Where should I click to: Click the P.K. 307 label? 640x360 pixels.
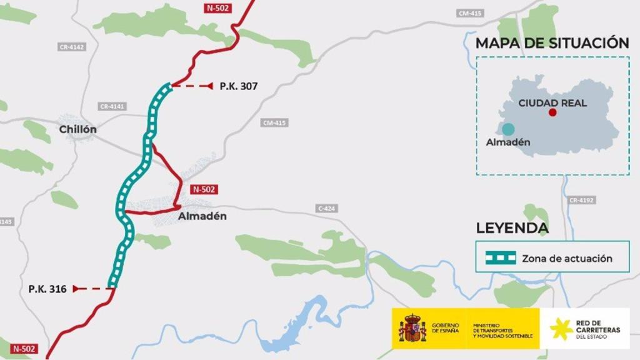(239, 86)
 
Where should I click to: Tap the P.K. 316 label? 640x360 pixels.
(47, 289)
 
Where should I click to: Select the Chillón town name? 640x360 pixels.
(78, 129)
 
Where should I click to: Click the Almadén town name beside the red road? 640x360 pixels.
(202, 216)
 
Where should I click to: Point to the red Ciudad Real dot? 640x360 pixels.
(552, 112)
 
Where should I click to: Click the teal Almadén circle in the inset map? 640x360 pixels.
(508, 129)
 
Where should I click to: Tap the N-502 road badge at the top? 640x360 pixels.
(218, 8)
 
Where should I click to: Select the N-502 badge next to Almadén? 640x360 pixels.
(205, 189)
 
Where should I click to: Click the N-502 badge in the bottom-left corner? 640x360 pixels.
(23, 349)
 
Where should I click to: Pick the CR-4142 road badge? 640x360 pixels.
(72, 47)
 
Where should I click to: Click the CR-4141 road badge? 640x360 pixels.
(112, 107)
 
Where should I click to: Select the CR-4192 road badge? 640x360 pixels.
(581, 200)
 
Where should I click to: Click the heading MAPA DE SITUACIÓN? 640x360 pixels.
(552, 43)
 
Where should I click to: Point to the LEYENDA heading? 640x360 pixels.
(512, 228)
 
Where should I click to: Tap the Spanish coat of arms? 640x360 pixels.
(412, 329)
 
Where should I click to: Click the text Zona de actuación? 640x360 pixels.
(567, 258)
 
